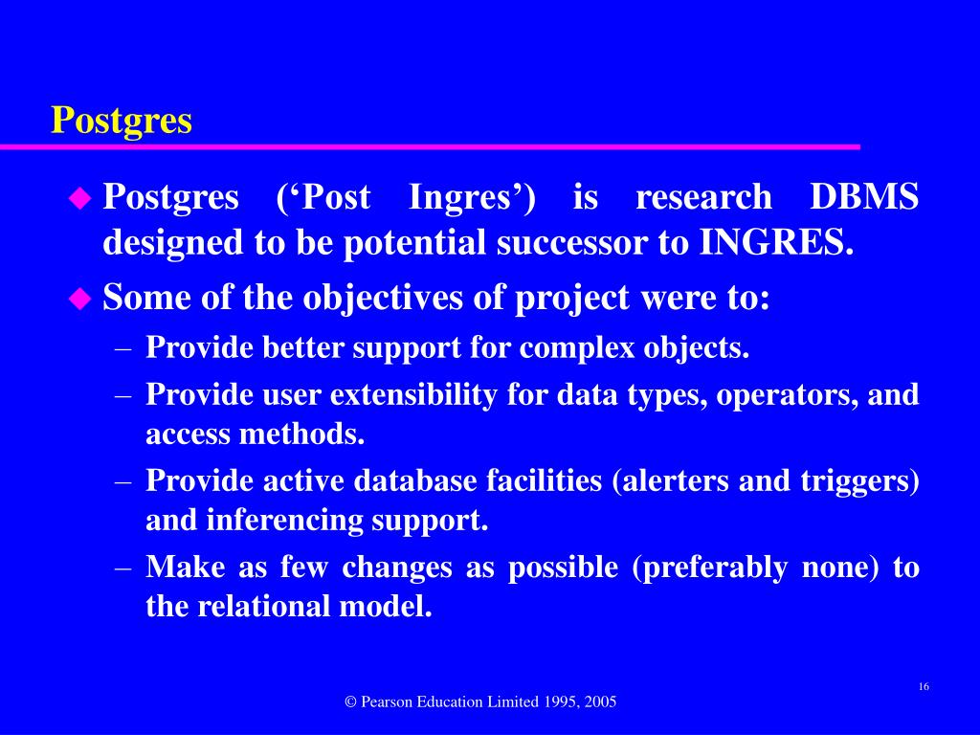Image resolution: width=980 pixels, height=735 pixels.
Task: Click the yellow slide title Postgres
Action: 122,121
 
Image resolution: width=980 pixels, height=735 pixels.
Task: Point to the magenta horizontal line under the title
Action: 430,147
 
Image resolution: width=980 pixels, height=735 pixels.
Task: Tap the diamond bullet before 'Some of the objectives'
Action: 78,299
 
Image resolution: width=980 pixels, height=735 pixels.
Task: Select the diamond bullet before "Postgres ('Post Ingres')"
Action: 78,198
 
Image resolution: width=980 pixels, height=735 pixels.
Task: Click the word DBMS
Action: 864,197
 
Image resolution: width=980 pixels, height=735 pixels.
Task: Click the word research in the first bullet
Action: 703,197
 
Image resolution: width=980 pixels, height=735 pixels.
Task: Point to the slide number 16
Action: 924,686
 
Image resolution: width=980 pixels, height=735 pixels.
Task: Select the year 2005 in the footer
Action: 599,702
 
